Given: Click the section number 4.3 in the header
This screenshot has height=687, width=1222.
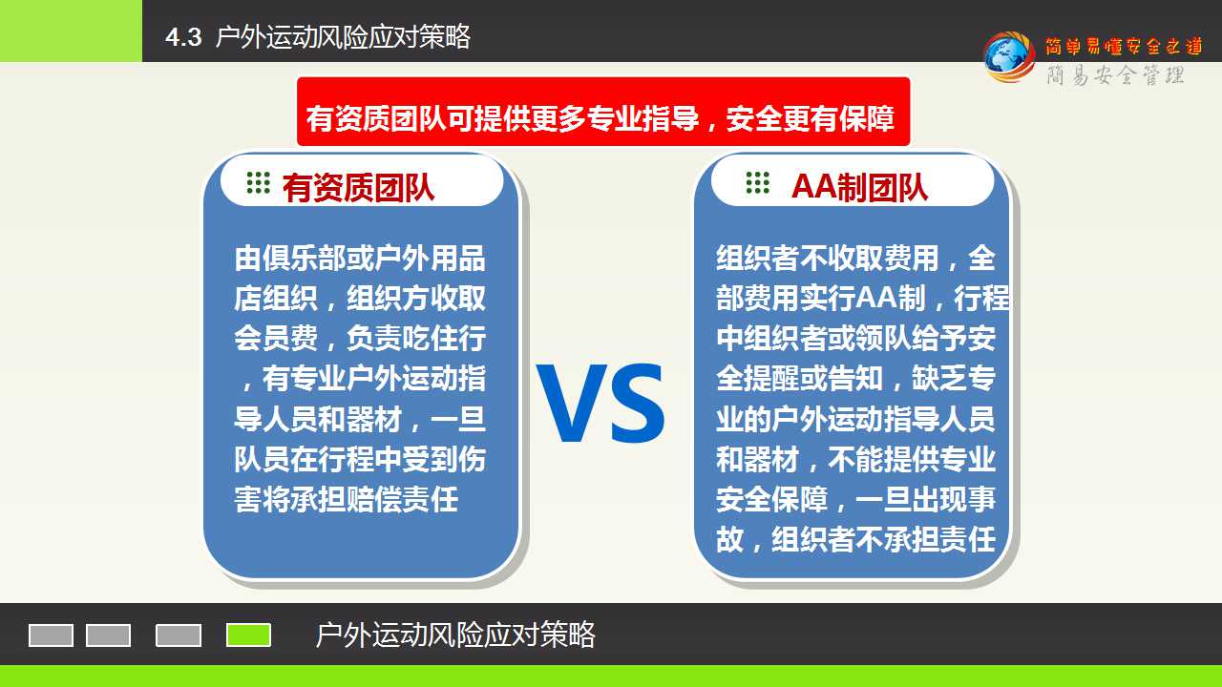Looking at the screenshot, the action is point(183,37).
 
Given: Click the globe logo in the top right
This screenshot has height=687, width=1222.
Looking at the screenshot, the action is point(1009,56).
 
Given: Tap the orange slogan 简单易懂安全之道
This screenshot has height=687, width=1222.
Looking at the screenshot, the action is point(1124,46).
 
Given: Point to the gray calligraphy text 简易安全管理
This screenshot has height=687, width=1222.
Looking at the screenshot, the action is point(1116,74).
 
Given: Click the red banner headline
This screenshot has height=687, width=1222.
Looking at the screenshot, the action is point(600,118).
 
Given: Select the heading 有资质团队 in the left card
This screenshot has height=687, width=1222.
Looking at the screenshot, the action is point(358,188).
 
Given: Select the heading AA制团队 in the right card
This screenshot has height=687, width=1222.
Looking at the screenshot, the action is point(859,188).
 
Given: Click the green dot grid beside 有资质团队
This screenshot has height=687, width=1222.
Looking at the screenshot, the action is point(258,182).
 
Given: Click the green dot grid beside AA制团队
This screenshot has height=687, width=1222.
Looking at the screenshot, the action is point(758,182).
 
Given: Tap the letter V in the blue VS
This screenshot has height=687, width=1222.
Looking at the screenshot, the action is point(572,402).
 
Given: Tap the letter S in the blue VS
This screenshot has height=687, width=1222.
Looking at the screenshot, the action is point(638,403).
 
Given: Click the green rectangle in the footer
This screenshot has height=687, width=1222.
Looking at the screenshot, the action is point(249,635).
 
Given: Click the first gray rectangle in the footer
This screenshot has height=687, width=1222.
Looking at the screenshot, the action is point(51,635).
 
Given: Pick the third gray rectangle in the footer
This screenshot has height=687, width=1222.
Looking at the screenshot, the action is point(179,635).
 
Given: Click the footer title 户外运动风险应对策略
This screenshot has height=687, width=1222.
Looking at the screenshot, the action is point(455,635).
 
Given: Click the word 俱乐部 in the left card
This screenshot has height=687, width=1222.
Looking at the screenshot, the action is point(304,259).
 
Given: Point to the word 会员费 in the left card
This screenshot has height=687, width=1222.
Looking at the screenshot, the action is point(276,338).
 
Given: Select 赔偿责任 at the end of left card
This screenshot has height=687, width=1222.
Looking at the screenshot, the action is point(402,499).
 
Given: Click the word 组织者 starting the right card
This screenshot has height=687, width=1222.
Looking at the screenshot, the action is point(758,259).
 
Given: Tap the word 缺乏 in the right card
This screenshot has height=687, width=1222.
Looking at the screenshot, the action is point(939,379).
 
